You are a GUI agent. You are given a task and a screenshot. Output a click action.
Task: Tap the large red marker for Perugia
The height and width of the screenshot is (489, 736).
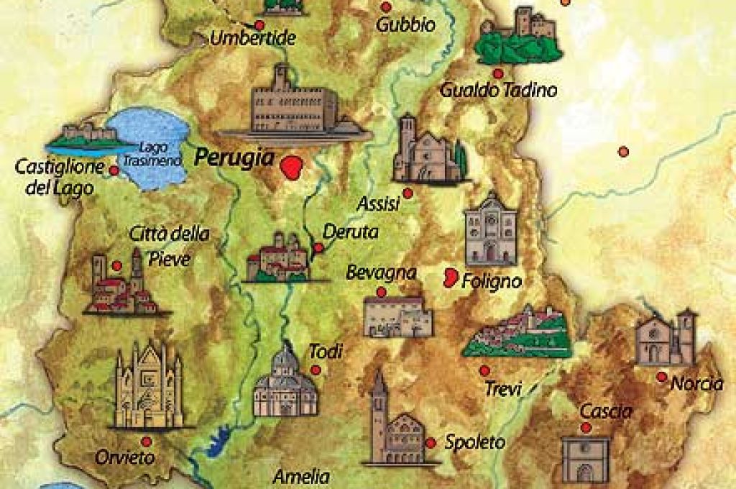click(x=292, y=168)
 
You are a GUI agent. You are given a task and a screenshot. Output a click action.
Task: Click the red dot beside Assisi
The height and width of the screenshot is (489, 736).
click(x=408, y=193)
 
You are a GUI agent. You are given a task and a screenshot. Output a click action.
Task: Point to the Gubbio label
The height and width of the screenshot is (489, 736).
click(x=406, y=25)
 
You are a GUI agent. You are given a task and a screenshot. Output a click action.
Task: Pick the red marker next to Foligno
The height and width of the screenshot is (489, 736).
click(x=451, y=277)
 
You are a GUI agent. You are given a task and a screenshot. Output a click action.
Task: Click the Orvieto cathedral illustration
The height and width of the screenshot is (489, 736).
click(x=149, y=387)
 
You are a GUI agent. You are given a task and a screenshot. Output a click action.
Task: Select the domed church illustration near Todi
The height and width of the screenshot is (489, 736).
click(x=285, y=383)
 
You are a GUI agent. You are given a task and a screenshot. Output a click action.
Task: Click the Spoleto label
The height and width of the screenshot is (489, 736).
click(x=474, y=442)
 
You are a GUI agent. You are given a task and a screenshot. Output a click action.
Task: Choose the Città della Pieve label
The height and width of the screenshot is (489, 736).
click(x=170, y=245)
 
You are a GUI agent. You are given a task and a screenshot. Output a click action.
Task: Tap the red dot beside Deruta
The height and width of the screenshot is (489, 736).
click(x=318, y=247)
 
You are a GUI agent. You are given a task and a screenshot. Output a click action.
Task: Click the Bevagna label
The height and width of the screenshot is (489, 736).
click(x=381, y=273)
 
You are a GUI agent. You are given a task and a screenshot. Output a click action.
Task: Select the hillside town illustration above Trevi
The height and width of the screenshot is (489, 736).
click(x=517, y=332)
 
